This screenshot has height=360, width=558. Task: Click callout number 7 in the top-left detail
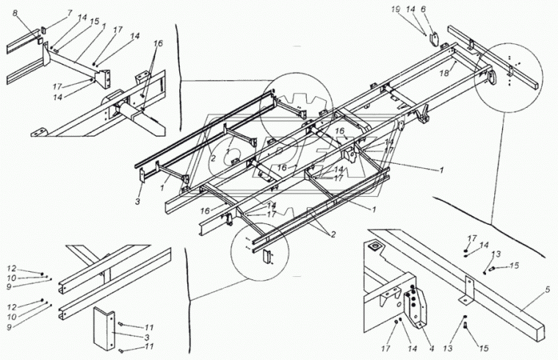click(x=70, y=14)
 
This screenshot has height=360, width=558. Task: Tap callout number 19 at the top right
click(x=416, y=10)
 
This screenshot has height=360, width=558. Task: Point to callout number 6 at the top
click(x=442, y=10)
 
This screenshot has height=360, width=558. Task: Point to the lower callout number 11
click(x=149, y=346)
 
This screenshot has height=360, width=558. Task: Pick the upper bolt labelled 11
click(x=121, y=325)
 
